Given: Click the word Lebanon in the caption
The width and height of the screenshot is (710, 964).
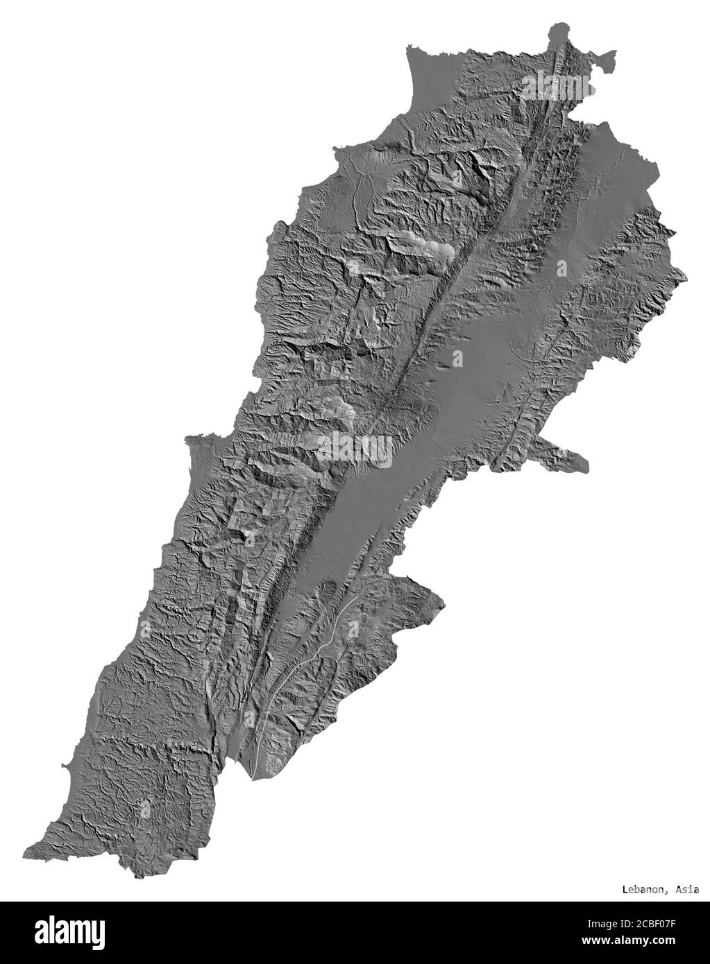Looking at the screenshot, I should click(x=643, y=888).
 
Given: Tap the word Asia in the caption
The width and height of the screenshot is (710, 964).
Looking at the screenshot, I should click(x=686, y=888).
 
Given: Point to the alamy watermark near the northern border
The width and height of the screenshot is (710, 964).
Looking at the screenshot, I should click(x=557, y=85).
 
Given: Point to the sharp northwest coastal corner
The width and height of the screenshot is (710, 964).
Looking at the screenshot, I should click(x=409, y=48).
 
